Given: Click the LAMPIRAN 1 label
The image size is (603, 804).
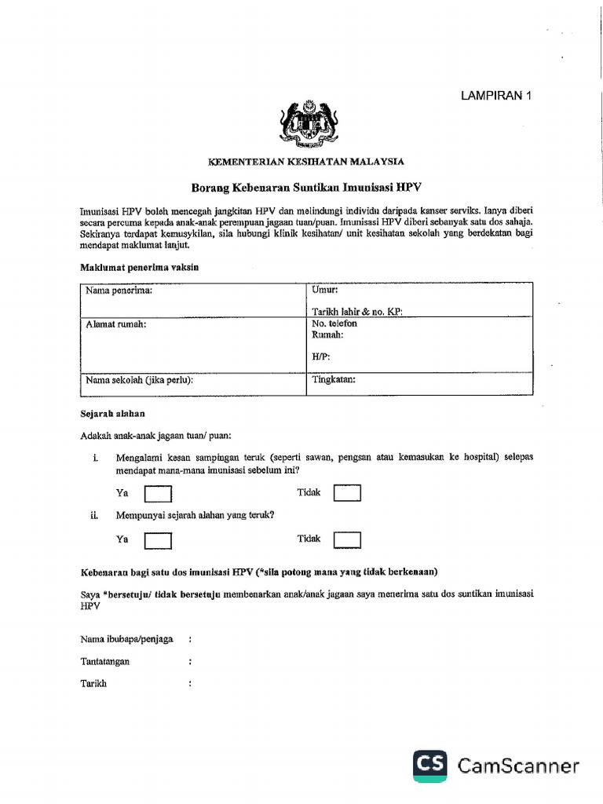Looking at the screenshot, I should click(x=495, y=96).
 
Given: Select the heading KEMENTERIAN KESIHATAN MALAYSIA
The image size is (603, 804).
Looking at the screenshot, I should click(x=305, y=161).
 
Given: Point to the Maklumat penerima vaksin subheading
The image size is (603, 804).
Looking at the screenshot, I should click(x=140, y=267).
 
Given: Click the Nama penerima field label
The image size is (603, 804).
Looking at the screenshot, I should click(x=119, y=290).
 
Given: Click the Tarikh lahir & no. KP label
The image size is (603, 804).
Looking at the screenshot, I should click(x=356, y=312).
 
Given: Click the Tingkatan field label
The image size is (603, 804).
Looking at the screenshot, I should click(x=334, y=379).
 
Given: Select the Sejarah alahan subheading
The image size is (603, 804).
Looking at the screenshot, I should click(x=112, y=413).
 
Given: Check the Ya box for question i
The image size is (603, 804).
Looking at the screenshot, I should click(x=159, y=494).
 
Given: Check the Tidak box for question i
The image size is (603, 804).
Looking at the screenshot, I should click(x=347, y=493).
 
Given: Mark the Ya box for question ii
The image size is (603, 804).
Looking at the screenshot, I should click(x=159, y=540).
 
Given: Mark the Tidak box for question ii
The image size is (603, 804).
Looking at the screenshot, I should click(x=347, y=539).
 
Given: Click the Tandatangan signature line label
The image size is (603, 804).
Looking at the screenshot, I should click(x=105, y=661).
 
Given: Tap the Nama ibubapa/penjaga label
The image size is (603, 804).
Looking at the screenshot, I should click(x=126, y=639).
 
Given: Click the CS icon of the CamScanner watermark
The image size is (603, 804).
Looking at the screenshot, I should click(x=431, y=765).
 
